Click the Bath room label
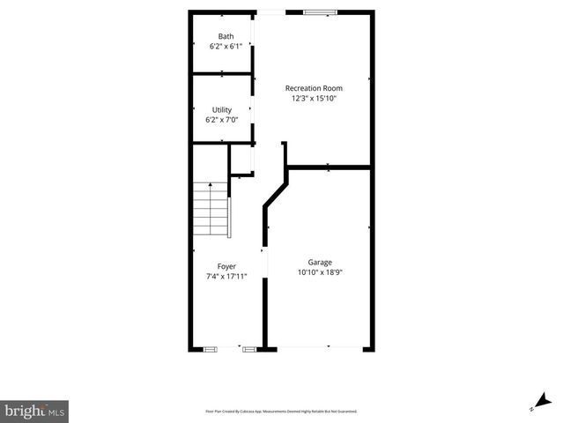214,36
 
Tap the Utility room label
221,110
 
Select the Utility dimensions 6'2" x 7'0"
221,120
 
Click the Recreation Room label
314,88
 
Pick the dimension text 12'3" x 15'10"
314,99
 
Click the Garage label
320,263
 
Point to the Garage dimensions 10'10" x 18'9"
320,273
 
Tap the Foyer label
226,266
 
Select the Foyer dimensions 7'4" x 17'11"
226,277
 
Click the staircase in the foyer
211,211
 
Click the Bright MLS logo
34,410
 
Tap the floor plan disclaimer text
281,412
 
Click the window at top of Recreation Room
320,12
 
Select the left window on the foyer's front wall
211,350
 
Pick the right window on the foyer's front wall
248,350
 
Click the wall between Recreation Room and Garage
328,166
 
